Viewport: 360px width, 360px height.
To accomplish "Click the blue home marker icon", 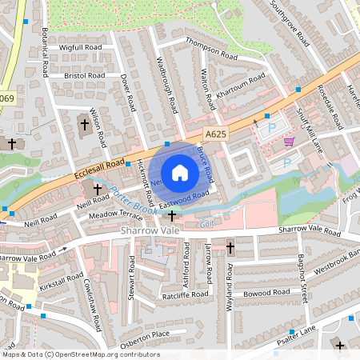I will click(180, 173).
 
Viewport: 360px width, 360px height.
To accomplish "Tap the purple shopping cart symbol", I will click(288, 141).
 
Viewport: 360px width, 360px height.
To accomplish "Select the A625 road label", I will click(214, 135).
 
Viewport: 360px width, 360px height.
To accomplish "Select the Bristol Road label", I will click(84, 75).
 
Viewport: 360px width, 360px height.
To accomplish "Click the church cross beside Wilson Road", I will click(85, 124).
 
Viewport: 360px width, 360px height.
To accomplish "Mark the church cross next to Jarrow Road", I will click(230, 248).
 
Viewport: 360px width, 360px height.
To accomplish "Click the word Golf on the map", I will click(206, 225).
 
